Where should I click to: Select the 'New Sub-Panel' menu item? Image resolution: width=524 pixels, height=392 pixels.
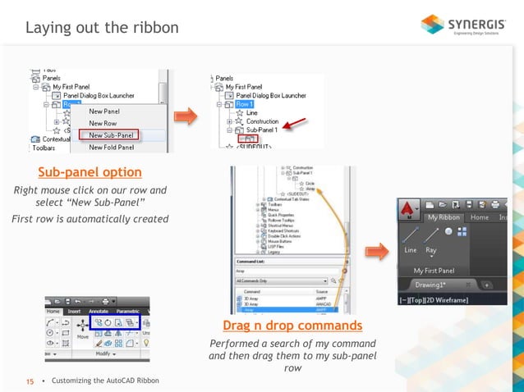(x=113, y=135)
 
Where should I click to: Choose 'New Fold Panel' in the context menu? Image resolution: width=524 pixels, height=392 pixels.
(x=112, y=148)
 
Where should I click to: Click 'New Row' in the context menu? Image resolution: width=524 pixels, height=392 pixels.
(x=103, y=123)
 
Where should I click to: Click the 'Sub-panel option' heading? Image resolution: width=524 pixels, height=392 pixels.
(x=90, y=172)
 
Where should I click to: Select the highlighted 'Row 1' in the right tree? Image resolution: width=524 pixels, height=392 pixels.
(x=244, y=104)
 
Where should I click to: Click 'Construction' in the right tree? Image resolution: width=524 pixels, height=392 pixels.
(x=263, y=121)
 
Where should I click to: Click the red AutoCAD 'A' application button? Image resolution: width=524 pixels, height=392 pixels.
(x=408, y=209)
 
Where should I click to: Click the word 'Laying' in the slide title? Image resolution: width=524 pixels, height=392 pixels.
(x=48, y=28)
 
